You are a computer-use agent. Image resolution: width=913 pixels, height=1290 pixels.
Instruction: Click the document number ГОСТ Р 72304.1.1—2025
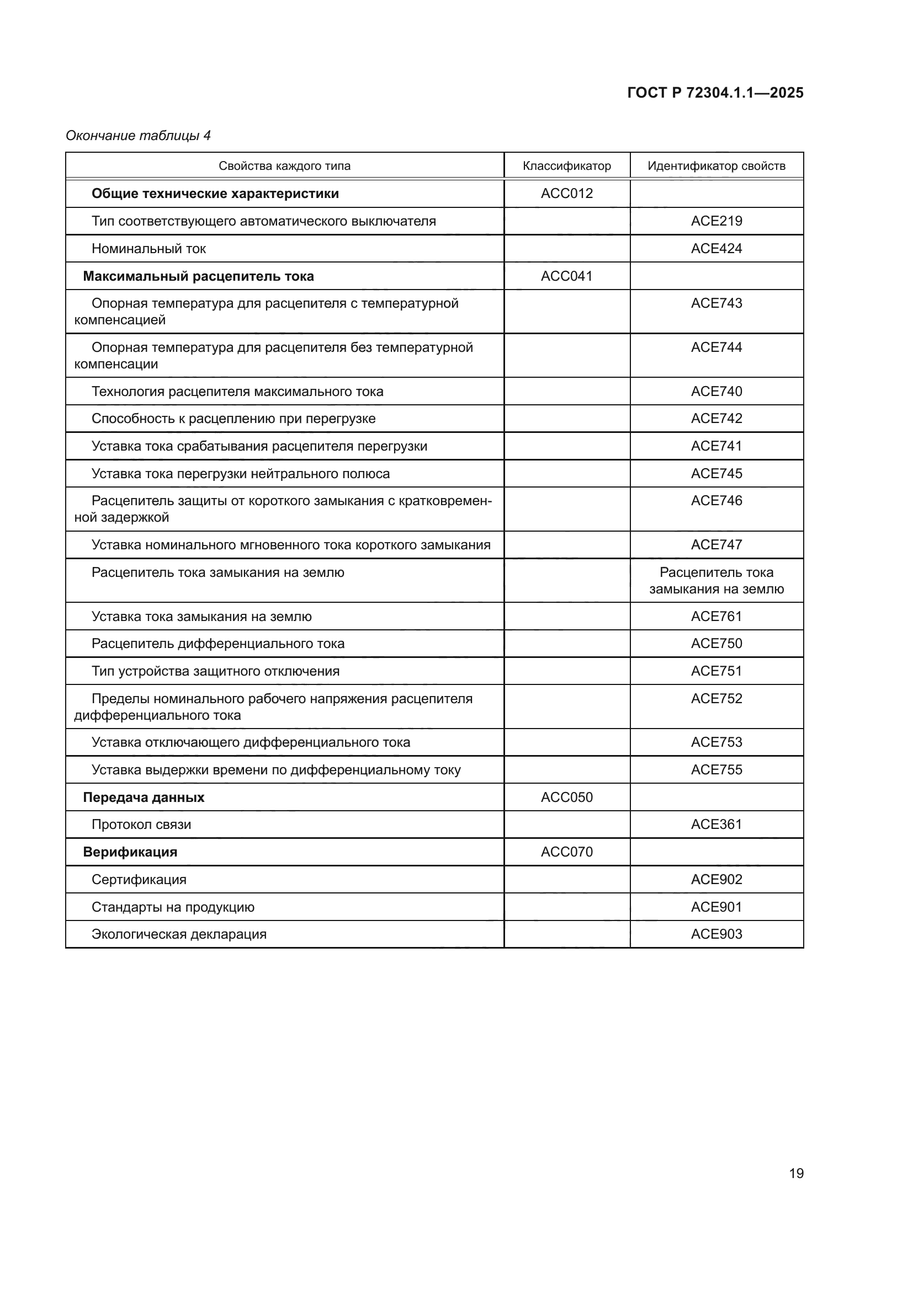(x=715, y=93)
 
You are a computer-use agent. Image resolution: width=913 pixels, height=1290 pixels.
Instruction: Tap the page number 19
(x=796, y=1173)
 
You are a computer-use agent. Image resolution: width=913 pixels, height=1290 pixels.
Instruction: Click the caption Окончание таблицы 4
(x=139, y=136)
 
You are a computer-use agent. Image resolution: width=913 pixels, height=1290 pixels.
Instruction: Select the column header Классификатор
(x=567, y=166)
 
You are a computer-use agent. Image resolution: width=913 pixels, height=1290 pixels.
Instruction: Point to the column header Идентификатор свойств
(x=716, y=166)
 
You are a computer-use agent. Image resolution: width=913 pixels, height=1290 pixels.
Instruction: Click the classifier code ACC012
(x=567, y=193)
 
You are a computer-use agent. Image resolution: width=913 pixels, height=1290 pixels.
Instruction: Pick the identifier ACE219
(x=716, y=221)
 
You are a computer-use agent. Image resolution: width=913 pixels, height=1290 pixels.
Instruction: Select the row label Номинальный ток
(x=149, y=248)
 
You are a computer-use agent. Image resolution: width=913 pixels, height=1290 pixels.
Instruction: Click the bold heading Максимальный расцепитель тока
(x=199, y=276)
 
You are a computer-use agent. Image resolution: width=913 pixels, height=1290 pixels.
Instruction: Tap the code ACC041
(x=567, y=276)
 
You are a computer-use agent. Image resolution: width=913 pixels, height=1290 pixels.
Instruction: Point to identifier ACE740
(x=716, y=391)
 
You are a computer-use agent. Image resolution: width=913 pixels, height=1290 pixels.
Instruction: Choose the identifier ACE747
(x=716, y=544)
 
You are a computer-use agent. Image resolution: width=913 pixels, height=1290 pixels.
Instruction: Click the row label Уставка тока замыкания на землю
(x=201, y=617)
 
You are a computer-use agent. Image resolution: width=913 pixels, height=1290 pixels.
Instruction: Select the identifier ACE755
(x=716, y=769)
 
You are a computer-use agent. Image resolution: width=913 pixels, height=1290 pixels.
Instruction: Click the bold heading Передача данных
(x=144, y=797)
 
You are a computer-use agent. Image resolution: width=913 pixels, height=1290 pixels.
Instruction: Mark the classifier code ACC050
(x=567, y=797)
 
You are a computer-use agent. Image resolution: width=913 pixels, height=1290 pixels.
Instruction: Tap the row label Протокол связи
(x=141, y=824)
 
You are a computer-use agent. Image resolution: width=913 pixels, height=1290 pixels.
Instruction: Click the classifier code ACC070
(x=567, y=852)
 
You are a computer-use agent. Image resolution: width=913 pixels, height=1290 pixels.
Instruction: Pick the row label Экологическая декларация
(x=179, y=934)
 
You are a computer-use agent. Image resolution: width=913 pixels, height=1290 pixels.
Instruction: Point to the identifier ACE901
(x=716, y=907)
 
